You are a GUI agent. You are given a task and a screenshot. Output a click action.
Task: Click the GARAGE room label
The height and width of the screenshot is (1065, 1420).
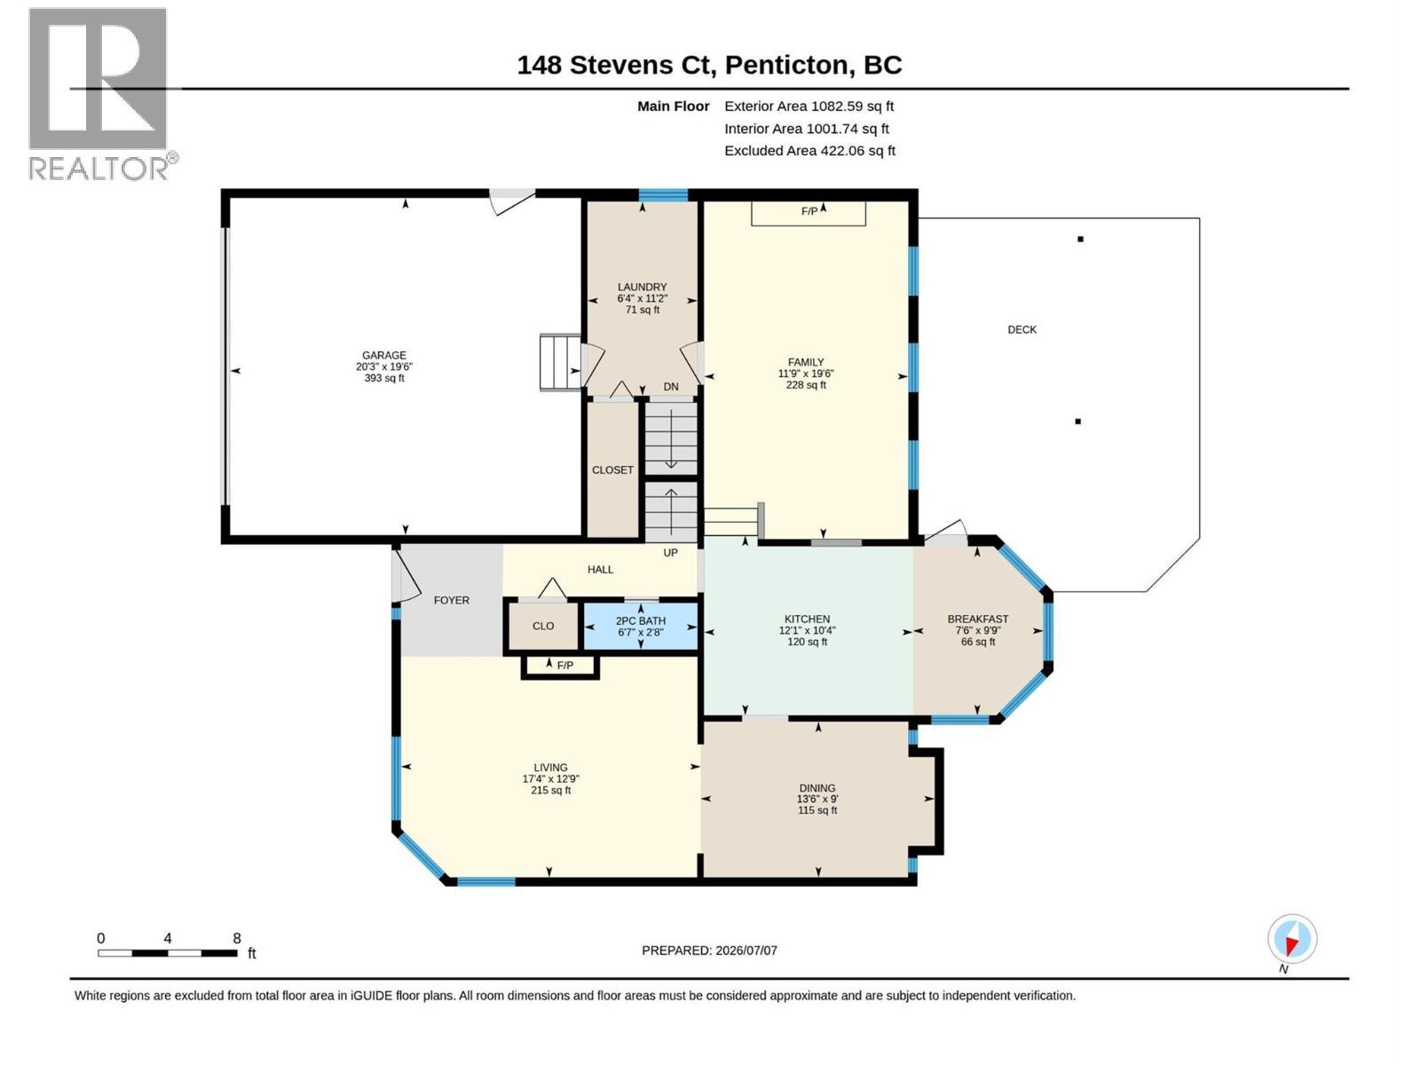tap(383, 355)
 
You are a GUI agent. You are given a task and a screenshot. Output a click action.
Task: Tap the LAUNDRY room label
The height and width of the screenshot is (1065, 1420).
tap(642, 287)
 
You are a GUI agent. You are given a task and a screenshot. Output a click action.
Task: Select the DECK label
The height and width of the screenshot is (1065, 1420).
tap(1022, 330)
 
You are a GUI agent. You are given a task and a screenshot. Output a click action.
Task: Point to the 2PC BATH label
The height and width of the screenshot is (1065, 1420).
tap(641, 620)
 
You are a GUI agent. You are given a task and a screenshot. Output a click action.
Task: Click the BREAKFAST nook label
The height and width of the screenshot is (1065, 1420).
tap(977, 619)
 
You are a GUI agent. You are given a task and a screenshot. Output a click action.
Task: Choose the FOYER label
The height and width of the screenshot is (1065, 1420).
tap(452, 600)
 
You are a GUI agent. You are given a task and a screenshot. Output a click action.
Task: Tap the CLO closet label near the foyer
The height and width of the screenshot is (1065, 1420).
tap(543, 626)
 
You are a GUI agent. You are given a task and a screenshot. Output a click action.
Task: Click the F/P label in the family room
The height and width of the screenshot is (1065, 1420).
tap(809, 211)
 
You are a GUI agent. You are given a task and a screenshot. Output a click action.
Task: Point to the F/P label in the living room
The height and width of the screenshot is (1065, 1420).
tap(564, 666)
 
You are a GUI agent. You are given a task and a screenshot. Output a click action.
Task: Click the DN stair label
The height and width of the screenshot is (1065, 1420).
tap(671, 387)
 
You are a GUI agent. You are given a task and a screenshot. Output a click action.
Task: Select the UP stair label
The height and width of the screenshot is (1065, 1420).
tap(670, 553)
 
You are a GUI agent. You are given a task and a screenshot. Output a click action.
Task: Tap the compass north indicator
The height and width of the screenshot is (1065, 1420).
tap(1292, 939)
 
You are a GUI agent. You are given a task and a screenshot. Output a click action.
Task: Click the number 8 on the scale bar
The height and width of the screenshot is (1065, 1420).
tap(237, 938)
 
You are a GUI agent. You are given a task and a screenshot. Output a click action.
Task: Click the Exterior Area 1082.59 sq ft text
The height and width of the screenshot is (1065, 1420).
tap(809, 106)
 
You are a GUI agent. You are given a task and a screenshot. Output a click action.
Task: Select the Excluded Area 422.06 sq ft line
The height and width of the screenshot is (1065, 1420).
tap(809, 151)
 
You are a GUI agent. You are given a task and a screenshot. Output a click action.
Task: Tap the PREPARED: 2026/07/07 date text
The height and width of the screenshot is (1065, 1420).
tap(709, 951)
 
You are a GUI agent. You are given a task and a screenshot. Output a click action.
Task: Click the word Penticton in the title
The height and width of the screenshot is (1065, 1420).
tap(786, 66)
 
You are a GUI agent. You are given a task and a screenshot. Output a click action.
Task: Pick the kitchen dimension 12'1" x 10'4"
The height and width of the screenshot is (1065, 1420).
tap(807, 630)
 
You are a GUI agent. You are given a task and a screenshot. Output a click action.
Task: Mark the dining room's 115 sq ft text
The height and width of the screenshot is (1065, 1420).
tap(817, 810)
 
